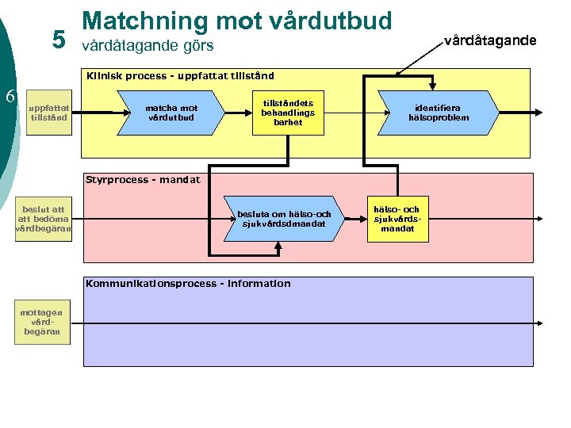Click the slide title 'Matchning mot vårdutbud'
pos(237,21)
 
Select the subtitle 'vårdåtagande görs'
pos(148,46)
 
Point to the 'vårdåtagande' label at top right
pos(490,40)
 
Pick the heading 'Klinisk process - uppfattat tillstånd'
pos(181,76)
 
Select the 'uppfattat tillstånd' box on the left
pos(49,113)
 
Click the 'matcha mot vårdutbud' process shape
pos(171,113)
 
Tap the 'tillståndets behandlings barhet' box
pos(287,113)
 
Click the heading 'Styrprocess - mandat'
pos(143,180)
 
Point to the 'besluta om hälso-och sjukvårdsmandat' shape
pos(284,218)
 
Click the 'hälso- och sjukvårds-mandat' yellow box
pos(397,219)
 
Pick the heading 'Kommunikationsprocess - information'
pos(188,284)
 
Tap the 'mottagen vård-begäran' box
pos(42,322)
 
